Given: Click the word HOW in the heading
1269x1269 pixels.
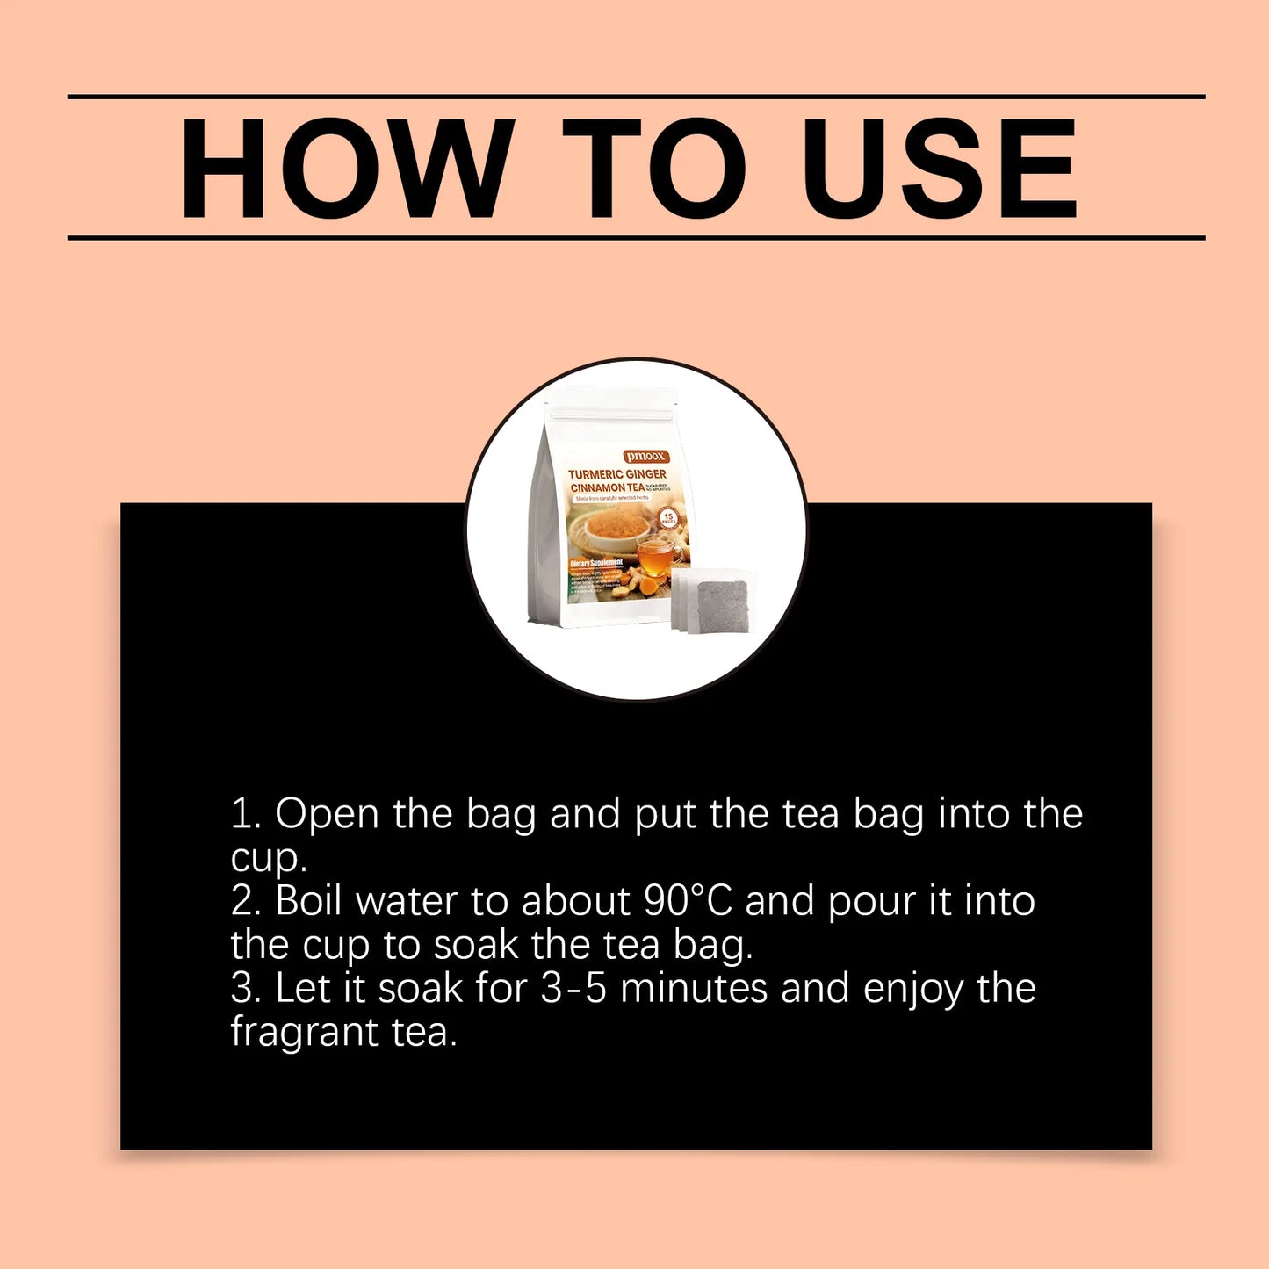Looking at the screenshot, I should point(347,168).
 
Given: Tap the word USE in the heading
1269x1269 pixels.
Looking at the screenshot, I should point(939,168).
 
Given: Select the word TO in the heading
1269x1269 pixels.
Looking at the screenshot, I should point(654,168).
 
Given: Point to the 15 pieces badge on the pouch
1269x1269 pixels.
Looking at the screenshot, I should point(668,518).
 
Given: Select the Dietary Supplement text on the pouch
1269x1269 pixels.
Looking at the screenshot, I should point(596,562).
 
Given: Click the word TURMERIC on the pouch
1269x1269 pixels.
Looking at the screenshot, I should point(595,474).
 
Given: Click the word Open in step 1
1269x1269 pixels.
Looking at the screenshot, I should point(327,815).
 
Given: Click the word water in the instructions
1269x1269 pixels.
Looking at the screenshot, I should point(407,902).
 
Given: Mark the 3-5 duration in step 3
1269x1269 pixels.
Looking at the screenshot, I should point(573,989).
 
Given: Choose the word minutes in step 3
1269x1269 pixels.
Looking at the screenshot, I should point(694,989).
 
